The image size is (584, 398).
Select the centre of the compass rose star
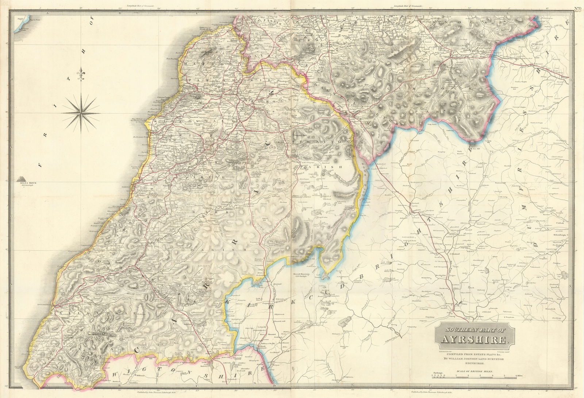click(81, 112)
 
